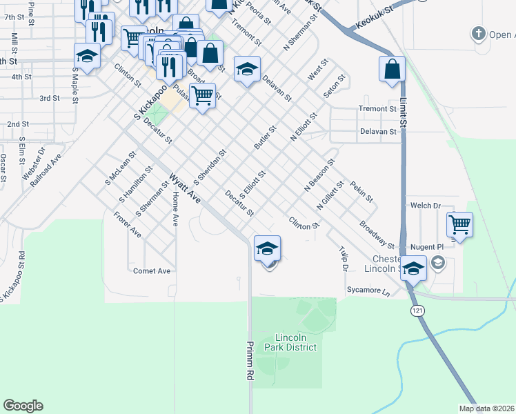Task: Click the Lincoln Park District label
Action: pos(295,342)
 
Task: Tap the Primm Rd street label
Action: pos(249,360)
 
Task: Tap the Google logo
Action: pos(23,406)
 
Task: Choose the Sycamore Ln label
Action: pos(368,292)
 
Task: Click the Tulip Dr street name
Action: pos(343,258)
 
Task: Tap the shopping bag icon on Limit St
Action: pos(392,69)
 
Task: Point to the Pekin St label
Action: pos(361,192)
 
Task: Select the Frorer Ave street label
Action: pos(128,225)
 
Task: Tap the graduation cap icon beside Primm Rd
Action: pos(268,248)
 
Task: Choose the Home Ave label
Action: pos(175,210)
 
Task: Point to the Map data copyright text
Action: pos(486,408)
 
